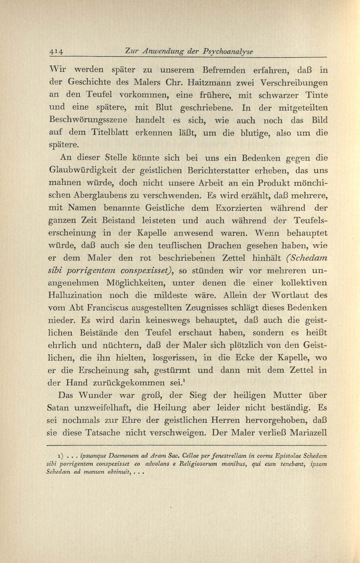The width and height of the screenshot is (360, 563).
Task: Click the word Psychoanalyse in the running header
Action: pos(230,51)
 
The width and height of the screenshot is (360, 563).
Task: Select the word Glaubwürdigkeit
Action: pos(91,170)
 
